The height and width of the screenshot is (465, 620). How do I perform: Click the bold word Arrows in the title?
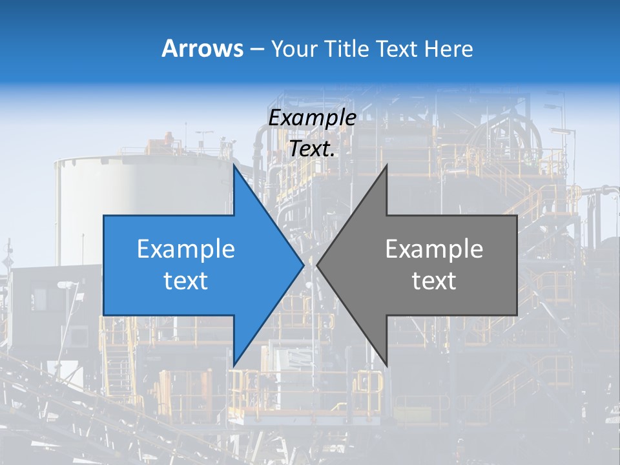pyautogui.click(x=203, y=48)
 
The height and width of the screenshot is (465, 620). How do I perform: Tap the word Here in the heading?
pyautogui.click(x=448, y=48)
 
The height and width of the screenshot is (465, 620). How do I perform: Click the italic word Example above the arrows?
pyautogui.click(x=312, y=118)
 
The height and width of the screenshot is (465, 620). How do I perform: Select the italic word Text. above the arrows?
pyautogui.click(x=312, y=149)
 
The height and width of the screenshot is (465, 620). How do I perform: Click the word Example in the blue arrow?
pyautogui.click(x=186, y=249)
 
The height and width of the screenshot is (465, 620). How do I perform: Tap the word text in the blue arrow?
pyautogui.click(x=186, y=280)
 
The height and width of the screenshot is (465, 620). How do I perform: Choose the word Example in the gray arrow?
pyautogui.click(x=434, y=249)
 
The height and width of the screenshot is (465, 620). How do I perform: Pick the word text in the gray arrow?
pyautogui.click(x=434, y=280)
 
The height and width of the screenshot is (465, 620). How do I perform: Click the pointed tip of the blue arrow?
pyautogui.click(x=303, y=265)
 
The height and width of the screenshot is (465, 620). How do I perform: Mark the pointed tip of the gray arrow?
pyautogui.click(x=318, y=265)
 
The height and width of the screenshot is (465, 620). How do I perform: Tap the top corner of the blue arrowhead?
pyautogui.click(x=234, y=165)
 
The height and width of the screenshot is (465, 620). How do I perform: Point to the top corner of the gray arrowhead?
pyautogui.click(x=386, y=165)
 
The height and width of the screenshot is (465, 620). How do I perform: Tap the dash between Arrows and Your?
pyautogui.click(x=256, y=49)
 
